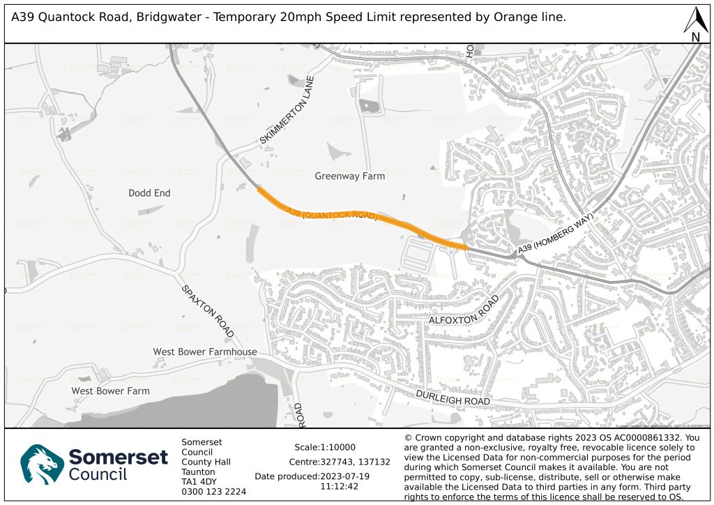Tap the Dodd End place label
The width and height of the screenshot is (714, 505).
[149, 193]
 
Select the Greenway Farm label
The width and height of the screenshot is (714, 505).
[349, 176]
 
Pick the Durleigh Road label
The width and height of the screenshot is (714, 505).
[453, 399]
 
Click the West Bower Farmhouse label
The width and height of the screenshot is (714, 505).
[205, 352]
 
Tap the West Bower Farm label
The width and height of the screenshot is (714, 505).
[110, 391]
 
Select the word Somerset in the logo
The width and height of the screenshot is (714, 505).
[119, 458]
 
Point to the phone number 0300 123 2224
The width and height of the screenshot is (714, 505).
[213, 491]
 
